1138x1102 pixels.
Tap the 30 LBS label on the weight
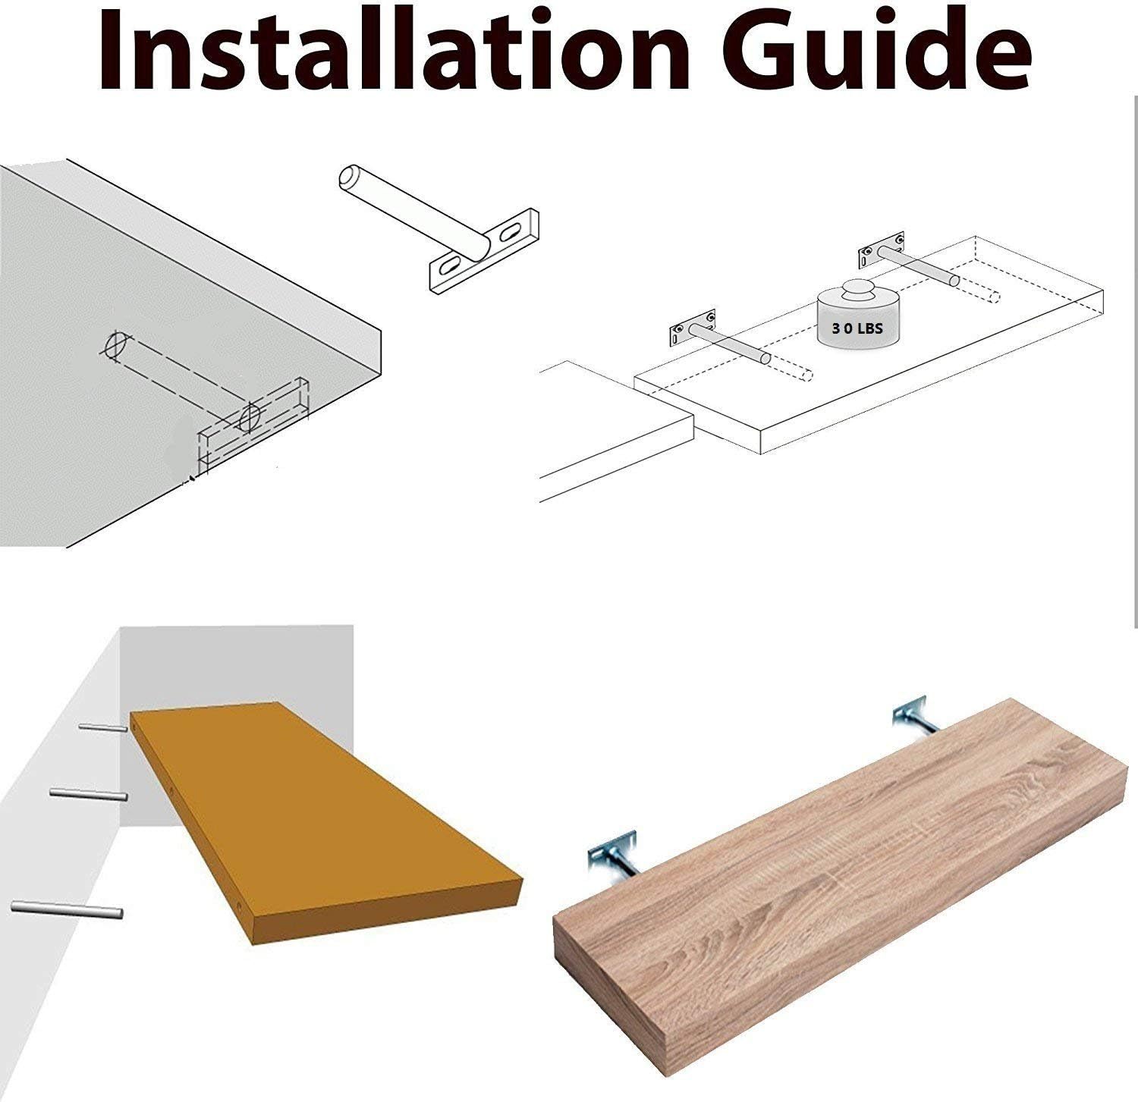coord(857,330)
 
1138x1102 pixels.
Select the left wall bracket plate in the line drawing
coord(692,327)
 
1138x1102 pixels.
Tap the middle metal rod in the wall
coord(88,794)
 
